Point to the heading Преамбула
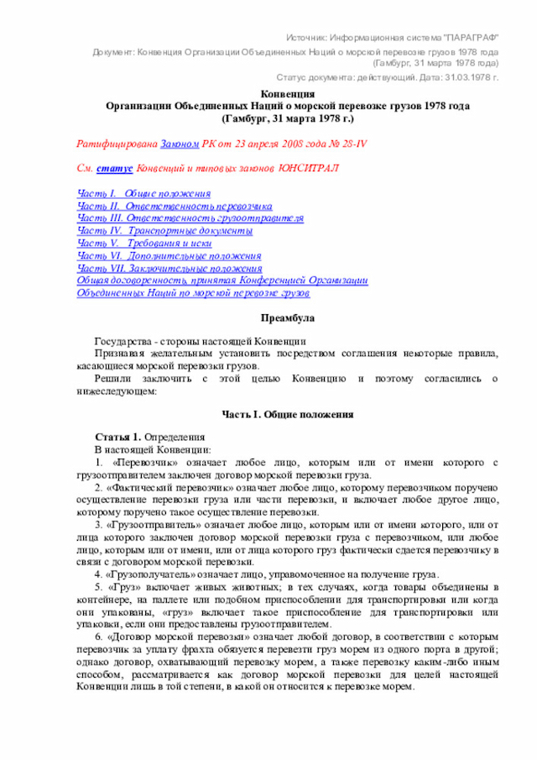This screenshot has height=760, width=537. tap(287, 319)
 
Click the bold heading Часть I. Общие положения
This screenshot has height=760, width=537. tap(287, 415)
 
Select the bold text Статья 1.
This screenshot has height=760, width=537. tap(117, 438)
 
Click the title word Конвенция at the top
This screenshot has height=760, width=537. tap(287, 95)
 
